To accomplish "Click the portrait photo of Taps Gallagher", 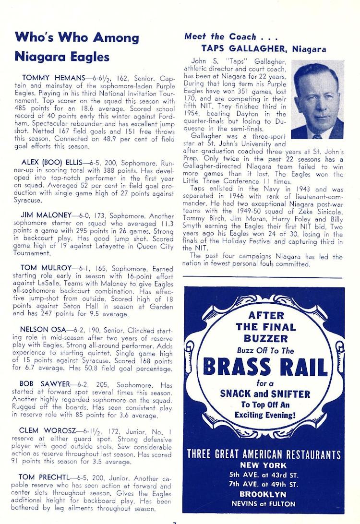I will pyautogui.click(x=317, y=99).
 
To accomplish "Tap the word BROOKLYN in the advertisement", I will pyautogui.click(x=264, y=494).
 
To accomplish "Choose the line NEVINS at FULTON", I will pyautogui.click(x=264, y=504).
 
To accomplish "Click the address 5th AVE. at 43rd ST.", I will pyautogui.click(x=264, y=475).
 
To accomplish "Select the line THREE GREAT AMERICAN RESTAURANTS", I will pyautogui.click(x=264, y=454).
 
